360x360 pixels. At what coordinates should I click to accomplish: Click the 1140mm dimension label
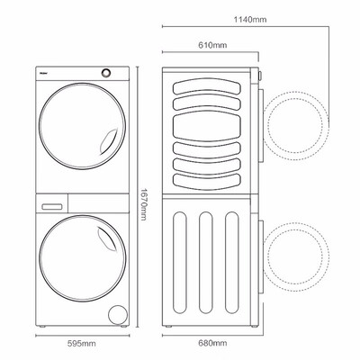click(x=250, y=20)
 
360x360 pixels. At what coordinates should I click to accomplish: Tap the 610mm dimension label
click(x=212, y=45)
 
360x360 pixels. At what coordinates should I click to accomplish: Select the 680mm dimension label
click(x=212, y=343)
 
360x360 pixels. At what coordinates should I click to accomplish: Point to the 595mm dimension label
click(x=82, y=344)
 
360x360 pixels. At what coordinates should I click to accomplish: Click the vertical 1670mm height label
click(x=143, y=204)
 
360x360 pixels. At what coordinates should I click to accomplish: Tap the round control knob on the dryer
click(x=105, y=73)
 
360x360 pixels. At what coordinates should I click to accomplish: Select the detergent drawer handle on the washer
click(x=52, y=207)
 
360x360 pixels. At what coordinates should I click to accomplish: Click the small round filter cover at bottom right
click(x=118, y=315)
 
